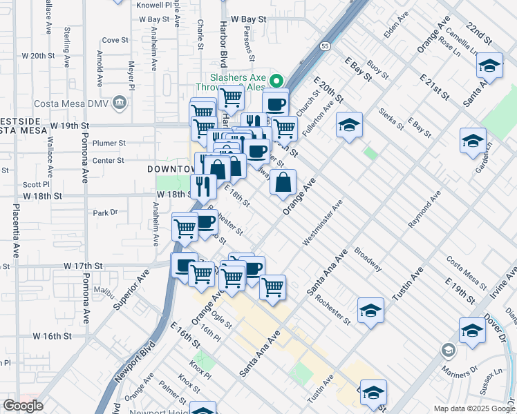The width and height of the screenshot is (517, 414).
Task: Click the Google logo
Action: [x=23, y=405]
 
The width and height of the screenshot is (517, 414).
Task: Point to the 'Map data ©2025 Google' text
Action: [x=473, y=408]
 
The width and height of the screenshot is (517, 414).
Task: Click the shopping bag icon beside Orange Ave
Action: [x=283, y=183]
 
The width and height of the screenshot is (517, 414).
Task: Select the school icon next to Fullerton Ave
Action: [x=350, y=125]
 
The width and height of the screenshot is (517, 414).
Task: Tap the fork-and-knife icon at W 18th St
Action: [x=203, y=186]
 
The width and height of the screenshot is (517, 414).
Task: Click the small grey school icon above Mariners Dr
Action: [x=448, y=351]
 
